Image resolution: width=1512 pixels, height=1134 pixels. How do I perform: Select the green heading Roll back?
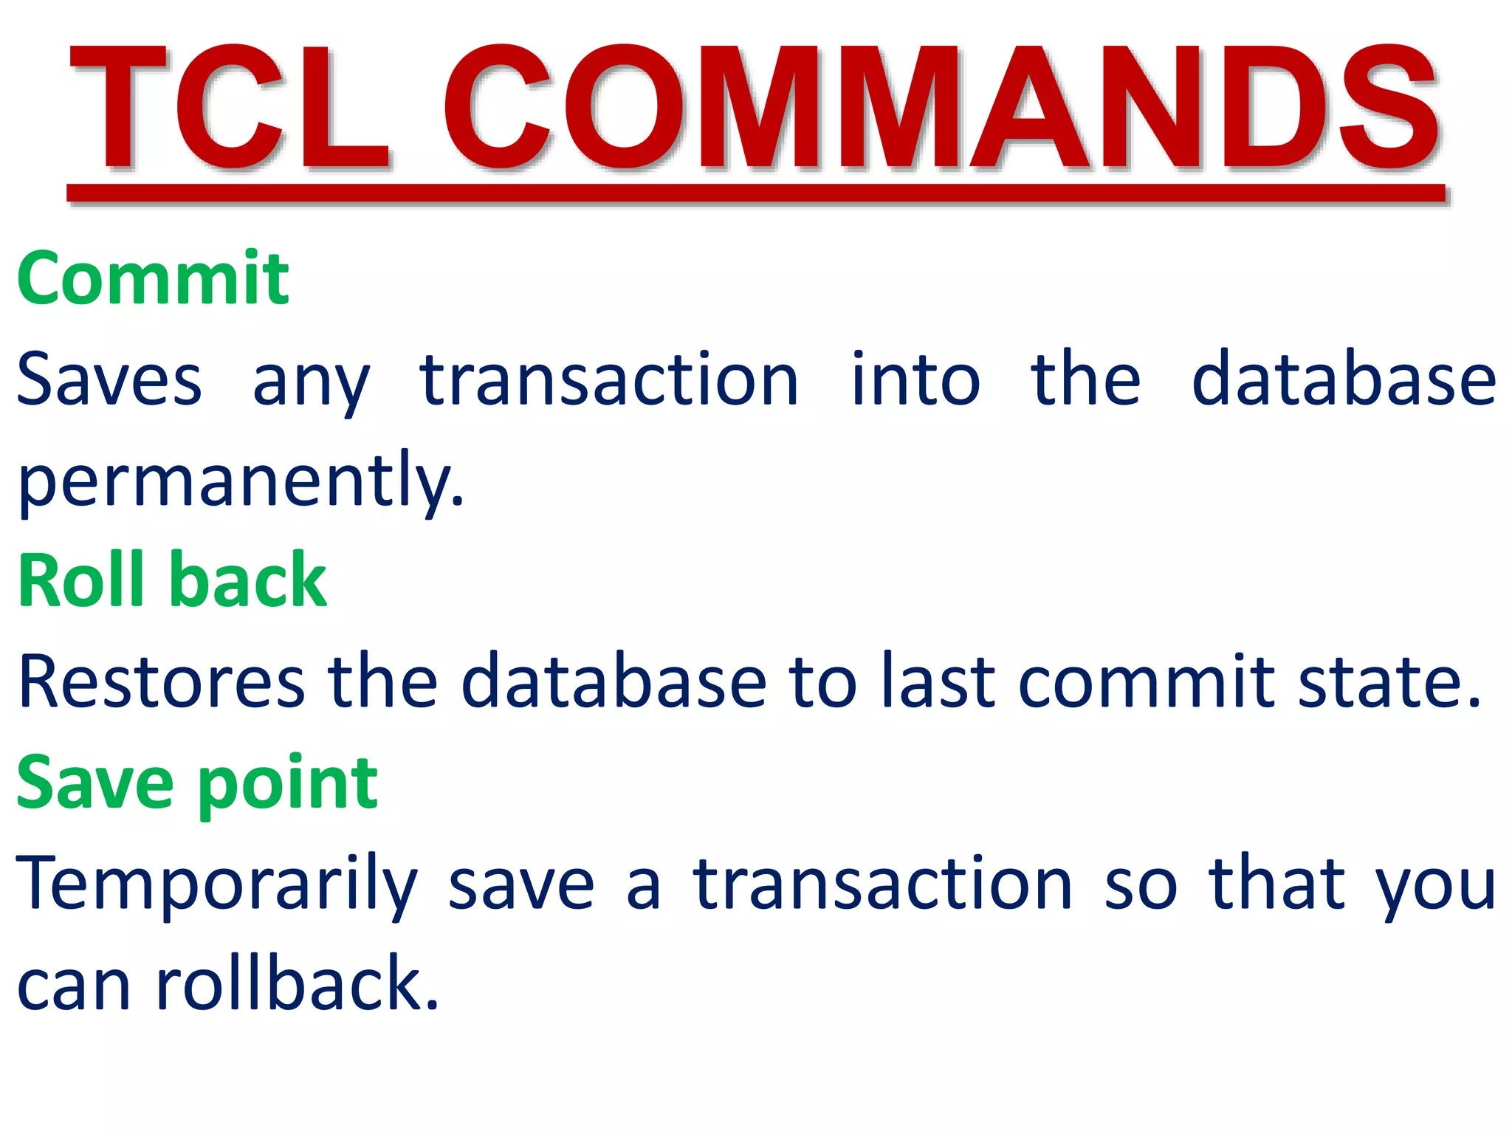pos(171,581)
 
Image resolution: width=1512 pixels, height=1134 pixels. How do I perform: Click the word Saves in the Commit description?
pos(109,381)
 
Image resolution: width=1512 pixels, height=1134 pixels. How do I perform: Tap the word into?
pos(915,379)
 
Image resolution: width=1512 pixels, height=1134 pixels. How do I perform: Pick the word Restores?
pos(161,682)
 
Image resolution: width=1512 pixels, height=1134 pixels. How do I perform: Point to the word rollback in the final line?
pos(298,985)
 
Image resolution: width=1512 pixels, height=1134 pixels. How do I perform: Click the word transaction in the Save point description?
pos(882,884)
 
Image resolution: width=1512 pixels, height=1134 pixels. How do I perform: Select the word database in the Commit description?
pos(1344,379)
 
